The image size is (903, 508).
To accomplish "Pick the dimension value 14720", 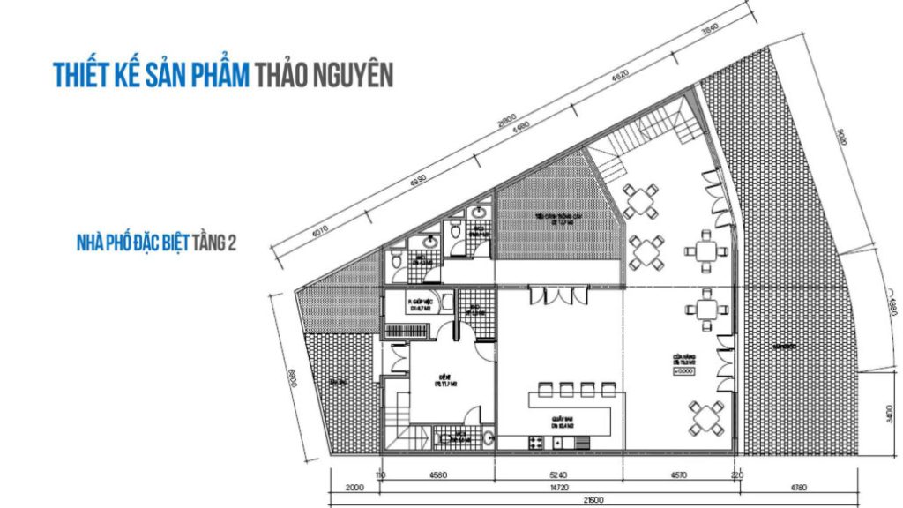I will pyautogui.click(x=557, y=489).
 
